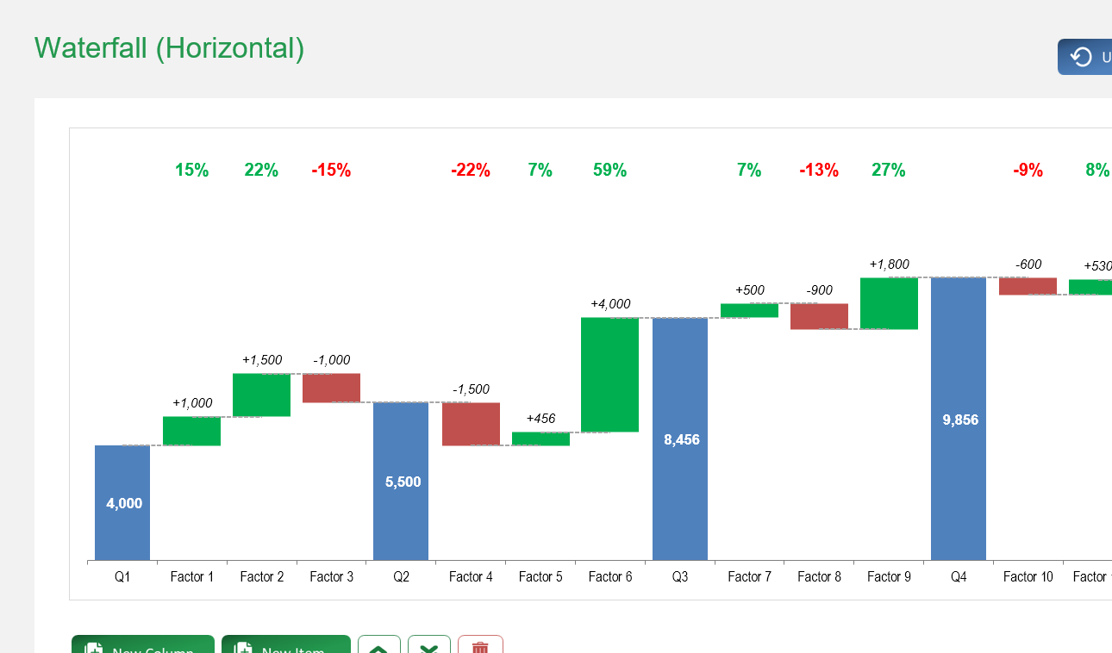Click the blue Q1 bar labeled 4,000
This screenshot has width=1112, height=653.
(x=122, y=502)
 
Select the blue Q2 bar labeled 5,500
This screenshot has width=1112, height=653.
(x=401, y=481)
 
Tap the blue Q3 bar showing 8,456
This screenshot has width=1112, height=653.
(x=680, y=438)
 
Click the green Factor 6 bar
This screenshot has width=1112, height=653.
(x=609, y=375)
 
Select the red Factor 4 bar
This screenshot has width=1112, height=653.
(x=471, y=424)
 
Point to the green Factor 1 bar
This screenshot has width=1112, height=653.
(x=191, y=431)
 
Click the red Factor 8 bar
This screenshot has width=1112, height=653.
(x=819, y=316)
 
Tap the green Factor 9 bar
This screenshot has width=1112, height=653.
(x=889, y=303)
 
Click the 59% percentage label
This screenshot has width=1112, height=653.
(x=609, y=171)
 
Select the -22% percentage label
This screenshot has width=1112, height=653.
(x=471, y=171)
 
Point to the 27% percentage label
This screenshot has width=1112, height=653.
(x=889, y=171)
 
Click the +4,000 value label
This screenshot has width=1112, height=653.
(x=610, y=304)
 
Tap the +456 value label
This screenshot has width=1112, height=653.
(x=540, y=419)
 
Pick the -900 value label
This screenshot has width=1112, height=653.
(x=819, y=290)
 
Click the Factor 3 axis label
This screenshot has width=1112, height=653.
(x=331, y=577)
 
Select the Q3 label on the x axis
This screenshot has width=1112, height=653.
(x=680, y=577)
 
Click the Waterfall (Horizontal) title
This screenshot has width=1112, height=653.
(x=169, y=48)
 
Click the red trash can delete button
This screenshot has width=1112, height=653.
(x=480, y=646)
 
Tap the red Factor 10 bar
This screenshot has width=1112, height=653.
(x=1028, y=286)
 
